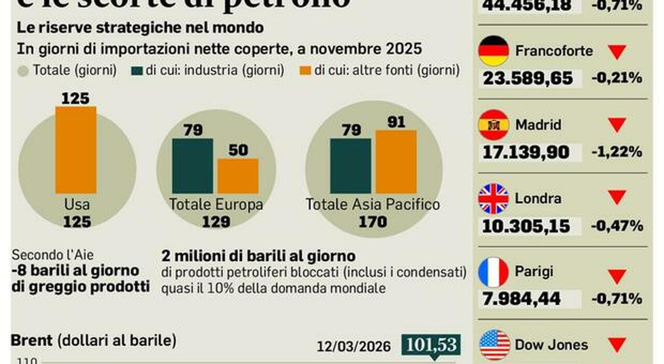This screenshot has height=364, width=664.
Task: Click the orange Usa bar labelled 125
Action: click(x=76, y=149)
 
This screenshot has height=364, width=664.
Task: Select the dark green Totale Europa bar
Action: click(x=192, y=165)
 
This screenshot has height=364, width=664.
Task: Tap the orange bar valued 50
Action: click(x=238, y=176)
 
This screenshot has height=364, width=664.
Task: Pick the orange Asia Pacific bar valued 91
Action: click(x=396, y=161)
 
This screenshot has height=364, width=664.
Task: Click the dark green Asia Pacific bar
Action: click(x=351, y=165)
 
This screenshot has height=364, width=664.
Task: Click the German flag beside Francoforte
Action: click(x=493, y=51)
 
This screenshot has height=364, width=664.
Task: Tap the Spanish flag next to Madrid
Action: click(x=493, y=125)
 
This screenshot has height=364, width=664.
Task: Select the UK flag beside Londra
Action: click(x=493, y=199)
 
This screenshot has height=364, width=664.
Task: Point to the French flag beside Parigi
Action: click(x=493, y=272)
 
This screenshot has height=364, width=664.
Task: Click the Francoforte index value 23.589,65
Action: click(x=528, y=79)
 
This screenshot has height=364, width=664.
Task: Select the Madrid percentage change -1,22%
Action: click(x=617, y=152)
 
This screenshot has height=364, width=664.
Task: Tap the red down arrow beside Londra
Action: click(x=617, y=197)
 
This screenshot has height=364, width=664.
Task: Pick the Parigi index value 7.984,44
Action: click(x=521, y=299)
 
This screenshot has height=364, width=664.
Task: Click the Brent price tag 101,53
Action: click(x=431, y=344)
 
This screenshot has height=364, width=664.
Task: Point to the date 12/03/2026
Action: click(x=354, y=346)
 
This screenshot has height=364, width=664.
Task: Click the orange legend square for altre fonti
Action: click(x=306, y=70)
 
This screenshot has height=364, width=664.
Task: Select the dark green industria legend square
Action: click(x=137, y=70)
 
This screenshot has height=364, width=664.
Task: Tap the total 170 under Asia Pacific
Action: click(x=372, y=222)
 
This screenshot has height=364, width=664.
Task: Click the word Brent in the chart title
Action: click(x=32, y=341)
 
